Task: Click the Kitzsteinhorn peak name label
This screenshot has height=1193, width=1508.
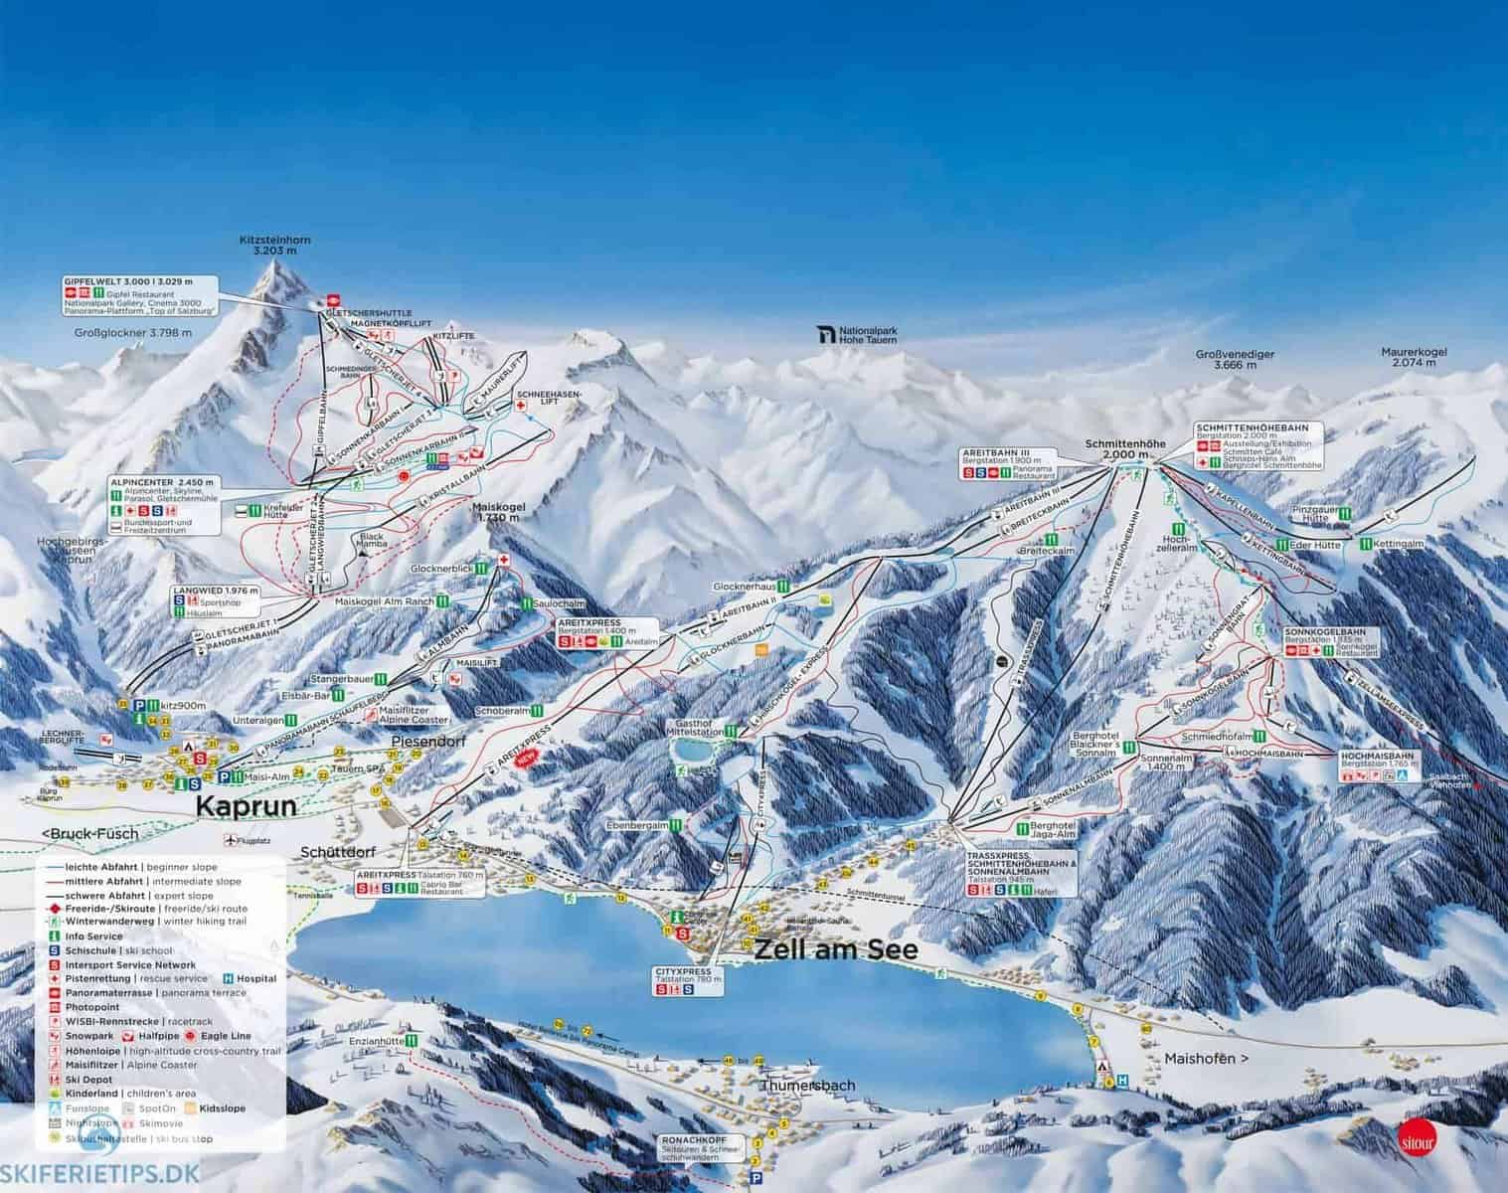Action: pyautogui.click(x=267, y=246)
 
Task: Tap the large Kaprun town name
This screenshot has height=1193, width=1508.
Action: pyautogui.click(x=247, y=806)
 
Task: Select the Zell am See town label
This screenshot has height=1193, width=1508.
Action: pyautogui.click(x=836, y=949)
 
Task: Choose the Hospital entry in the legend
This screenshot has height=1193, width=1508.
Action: pyautogui.click(x=256, y=978)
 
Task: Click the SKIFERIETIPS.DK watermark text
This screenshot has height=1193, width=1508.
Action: pyautogui.click(x=95, y=1173)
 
